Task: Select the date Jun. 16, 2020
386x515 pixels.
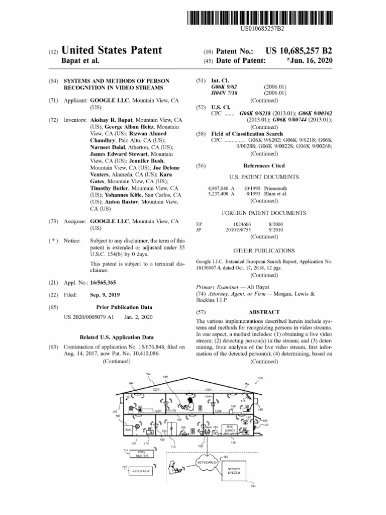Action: (x=309, y=61)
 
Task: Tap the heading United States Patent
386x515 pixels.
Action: (x=112, y=50)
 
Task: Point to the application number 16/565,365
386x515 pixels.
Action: (x=103, y=283)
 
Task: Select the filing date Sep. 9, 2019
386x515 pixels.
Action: (x=105, y=295)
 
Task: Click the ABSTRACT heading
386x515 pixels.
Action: (x=264, y=312)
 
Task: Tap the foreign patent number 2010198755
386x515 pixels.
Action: (x=238, y=229)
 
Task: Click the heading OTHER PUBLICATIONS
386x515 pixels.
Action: (x=264, y=250)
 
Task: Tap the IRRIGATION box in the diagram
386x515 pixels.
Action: (x=142, y=471)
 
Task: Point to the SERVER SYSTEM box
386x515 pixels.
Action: (x=234, y=471)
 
